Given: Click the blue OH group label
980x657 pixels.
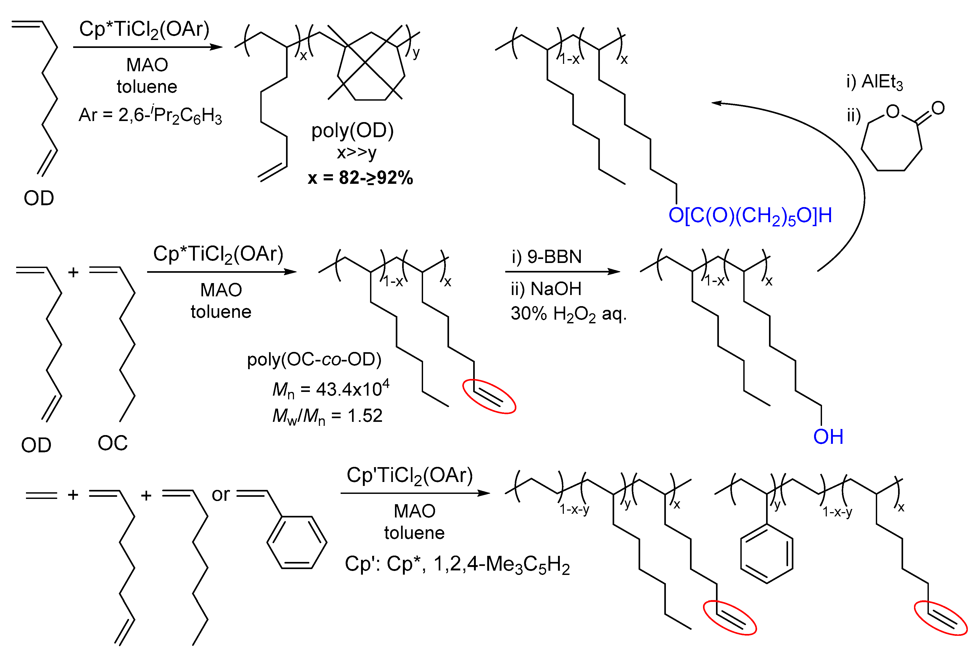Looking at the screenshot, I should (x=828, y=437).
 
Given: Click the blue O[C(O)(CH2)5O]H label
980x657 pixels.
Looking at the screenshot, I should (x=750, y=216).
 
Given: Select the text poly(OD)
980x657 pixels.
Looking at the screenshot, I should (x=352, y=131).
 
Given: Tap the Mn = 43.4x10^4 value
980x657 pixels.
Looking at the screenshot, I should (x=331, y=389).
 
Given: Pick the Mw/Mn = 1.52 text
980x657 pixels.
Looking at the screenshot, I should (x=327, y=416).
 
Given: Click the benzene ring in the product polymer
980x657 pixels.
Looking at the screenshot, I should (x=767, y=553).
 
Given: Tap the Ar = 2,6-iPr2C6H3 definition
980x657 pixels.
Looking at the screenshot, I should (x=150, y=115).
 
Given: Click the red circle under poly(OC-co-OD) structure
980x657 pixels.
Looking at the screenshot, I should (x=489, y=396).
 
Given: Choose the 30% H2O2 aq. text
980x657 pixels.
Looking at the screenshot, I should (x=568, y=314).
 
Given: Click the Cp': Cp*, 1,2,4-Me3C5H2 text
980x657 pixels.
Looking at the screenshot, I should (x=457, y=564).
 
